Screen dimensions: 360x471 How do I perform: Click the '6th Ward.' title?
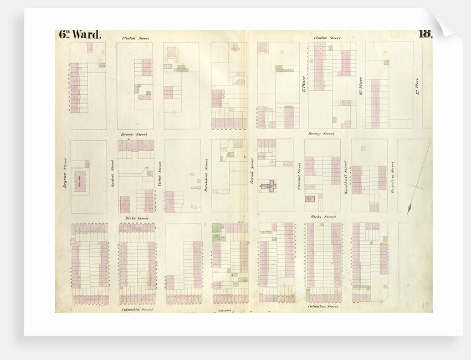tap(80, 34)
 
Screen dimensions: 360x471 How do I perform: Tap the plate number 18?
tap(426, 33)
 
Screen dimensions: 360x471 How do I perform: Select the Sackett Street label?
tap(112, 173)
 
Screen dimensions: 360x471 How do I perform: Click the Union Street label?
tap(160, 173)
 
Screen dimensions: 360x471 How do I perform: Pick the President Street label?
tap(206, 174)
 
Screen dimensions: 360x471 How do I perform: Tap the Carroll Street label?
tap(252, 171)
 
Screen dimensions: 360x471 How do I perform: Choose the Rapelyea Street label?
tap(392, 174)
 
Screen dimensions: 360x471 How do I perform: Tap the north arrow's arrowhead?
tap(409, 209)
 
